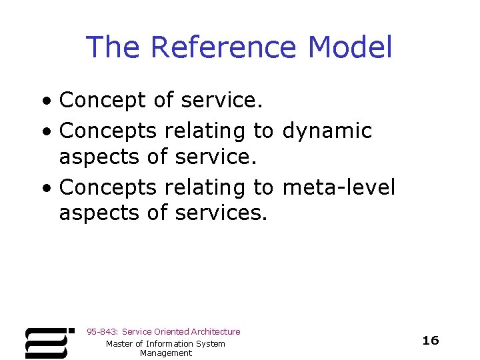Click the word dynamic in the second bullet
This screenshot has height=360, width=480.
[327, 131]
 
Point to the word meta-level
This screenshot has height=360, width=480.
[339, 187]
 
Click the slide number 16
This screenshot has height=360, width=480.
[431, 341]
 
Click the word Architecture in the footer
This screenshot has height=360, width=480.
[215, 331]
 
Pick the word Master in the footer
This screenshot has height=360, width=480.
[121, 343]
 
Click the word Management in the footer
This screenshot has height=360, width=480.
[165, 353]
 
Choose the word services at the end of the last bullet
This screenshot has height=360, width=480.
[221, 213]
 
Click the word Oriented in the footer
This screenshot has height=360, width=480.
[171, 331]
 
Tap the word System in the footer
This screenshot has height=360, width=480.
[212, 343]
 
